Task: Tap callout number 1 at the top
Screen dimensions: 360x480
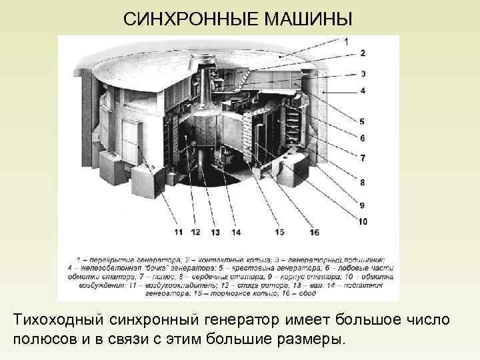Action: coord(346,41)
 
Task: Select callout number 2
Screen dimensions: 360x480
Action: coord(362,53)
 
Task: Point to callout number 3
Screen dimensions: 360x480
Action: coord(362,74)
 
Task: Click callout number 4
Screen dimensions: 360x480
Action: coord(362,90)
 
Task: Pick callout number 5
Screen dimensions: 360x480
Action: coord(362,121)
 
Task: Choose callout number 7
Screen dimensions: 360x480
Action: coord(362,159)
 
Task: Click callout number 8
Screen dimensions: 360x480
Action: coord(362,181)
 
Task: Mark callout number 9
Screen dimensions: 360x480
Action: coord(362,205)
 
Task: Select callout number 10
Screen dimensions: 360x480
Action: coord(362,221)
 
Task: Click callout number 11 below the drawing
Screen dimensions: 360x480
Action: coord(178,232)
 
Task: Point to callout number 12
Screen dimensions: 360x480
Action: coord(195,232)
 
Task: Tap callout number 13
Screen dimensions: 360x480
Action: coord(215,232)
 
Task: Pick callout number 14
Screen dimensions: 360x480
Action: coord(235,232)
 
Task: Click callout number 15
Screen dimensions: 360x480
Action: coord(279,232)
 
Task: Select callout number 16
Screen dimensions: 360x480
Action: coord(314,232)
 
